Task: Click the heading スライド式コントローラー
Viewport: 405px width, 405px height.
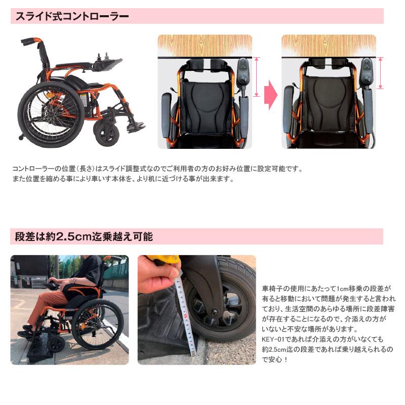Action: click(x=71, y=16)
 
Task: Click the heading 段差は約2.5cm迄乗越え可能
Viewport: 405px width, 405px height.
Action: click(x=84, y=236)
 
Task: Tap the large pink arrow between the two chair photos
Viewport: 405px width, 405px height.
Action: click(x=272, y=95)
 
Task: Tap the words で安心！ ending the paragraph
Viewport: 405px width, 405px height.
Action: click(x=276, y=359)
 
